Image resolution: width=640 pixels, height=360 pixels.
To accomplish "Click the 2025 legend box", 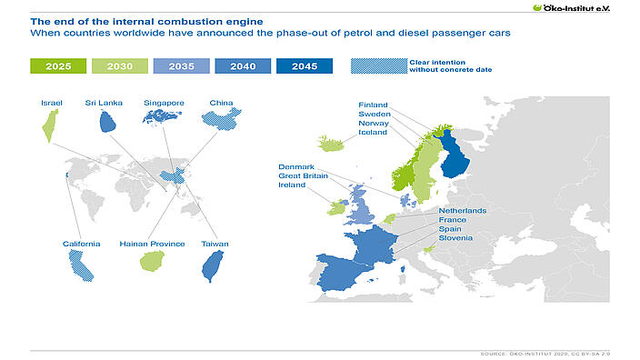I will tap(58, 66).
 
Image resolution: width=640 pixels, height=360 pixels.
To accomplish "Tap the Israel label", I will tap(51, 103).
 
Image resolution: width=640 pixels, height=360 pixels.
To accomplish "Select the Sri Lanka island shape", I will tap(106, 122).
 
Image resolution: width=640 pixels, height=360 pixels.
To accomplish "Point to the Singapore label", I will tap(164, 103).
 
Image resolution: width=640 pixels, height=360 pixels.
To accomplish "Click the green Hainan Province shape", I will tap(150, 262).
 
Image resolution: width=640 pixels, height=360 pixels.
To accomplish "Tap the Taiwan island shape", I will tap(214, 264).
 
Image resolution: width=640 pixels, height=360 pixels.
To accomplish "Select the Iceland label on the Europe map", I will tap(373, 132).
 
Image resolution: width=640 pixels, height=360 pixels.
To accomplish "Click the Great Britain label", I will tap(302, 175).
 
